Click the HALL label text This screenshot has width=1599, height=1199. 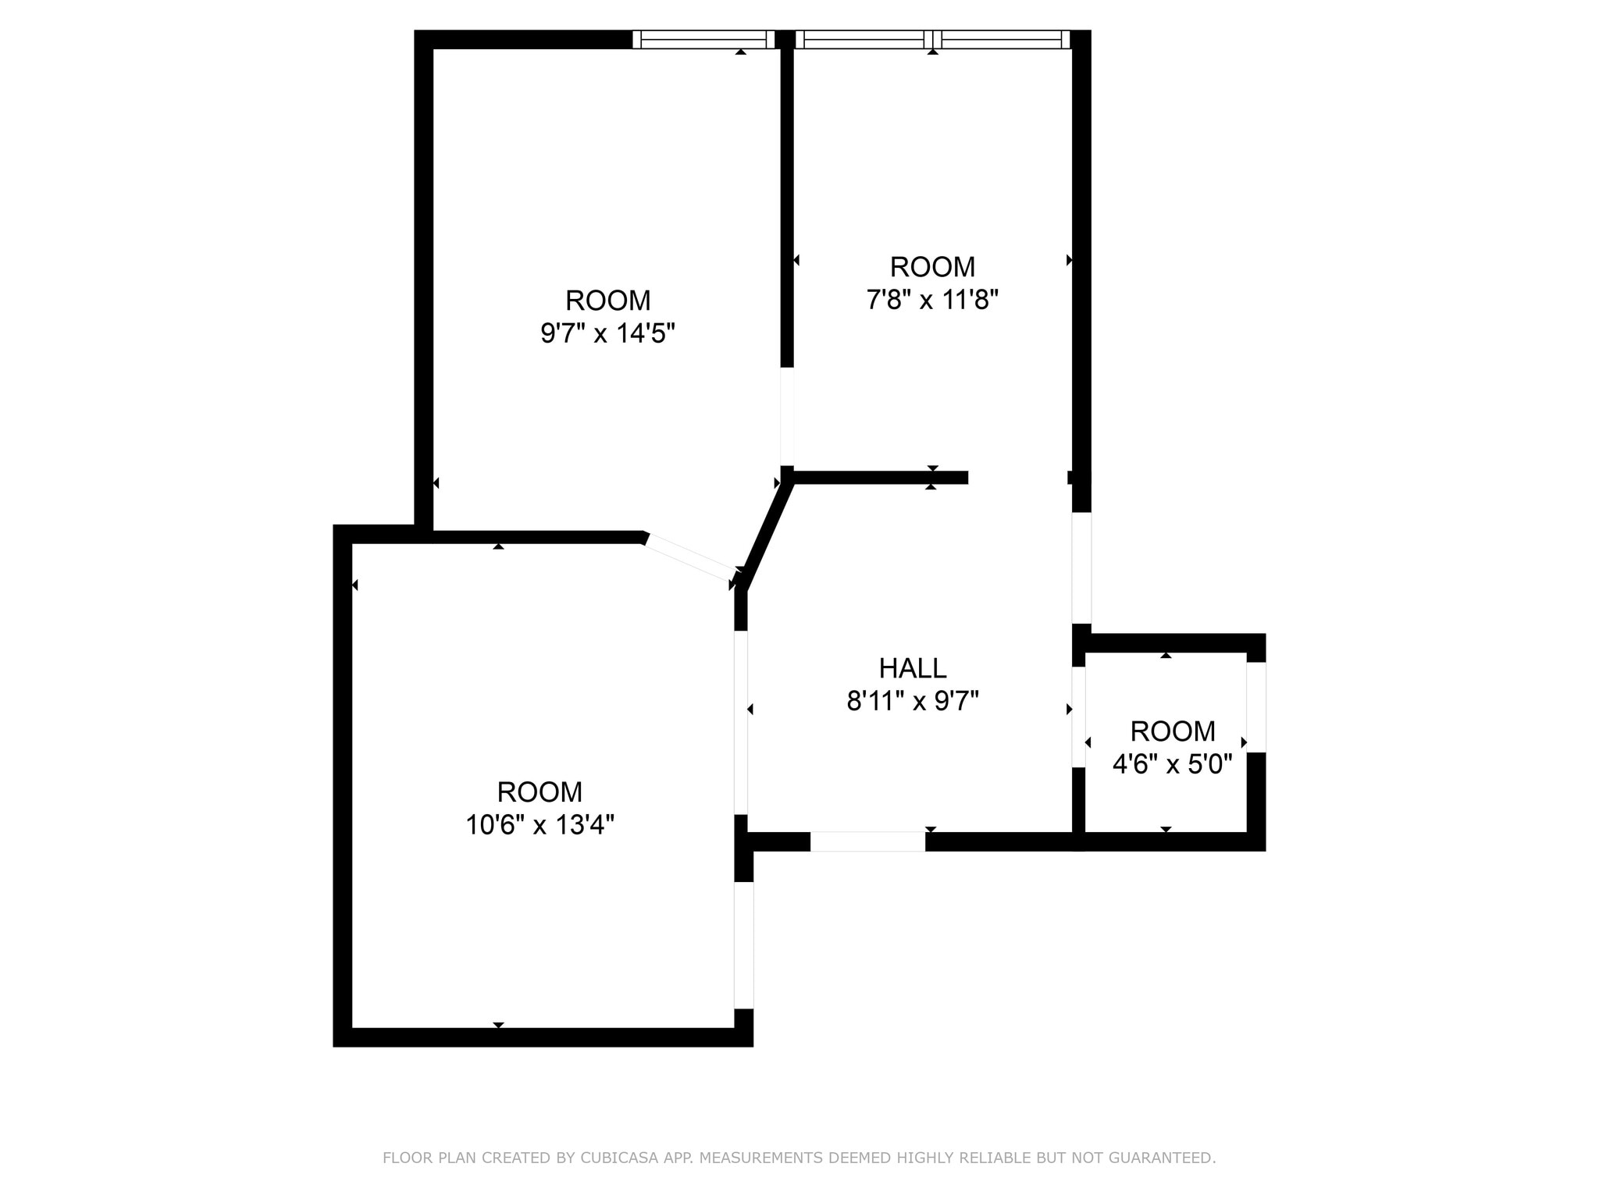(x=913, y=668)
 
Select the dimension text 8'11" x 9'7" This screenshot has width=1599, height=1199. (x=913, y=702)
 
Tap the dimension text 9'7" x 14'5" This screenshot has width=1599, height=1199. (x=607, y=334)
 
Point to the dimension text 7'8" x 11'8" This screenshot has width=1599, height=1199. (x=932, y=300)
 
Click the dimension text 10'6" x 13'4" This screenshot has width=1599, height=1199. (x=540, y=825)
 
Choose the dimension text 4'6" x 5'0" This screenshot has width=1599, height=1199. (x=1172, y=764)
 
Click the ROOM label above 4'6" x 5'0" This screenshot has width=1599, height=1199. (x=1172, y=731)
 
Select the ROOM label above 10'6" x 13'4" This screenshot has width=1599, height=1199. (x=540, y=792)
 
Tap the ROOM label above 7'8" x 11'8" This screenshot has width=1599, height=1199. (x=932, y=267)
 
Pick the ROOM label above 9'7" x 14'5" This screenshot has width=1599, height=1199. (x=607, y=301)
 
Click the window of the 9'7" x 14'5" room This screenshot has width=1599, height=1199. (x=703, y=40)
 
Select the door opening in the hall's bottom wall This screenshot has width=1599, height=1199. (x=867, y=841)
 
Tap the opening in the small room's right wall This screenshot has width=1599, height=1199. (x=1255, y=707)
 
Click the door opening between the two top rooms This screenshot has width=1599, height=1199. (x=787, y=416)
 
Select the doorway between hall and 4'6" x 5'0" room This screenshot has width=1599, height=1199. (x=1078, y=717)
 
